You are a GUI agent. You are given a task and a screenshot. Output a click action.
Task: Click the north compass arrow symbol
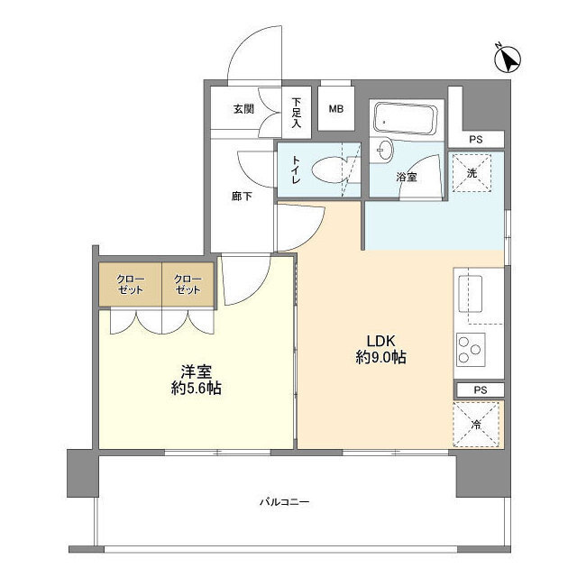[x=508, y=59]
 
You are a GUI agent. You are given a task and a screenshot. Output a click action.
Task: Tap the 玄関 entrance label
[x=243, y=109]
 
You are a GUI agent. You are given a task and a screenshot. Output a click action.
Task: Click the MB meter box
[x=335, y=109]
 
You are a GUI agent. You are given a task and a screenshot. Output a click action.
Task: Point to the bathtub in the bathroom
[x=406, y=117]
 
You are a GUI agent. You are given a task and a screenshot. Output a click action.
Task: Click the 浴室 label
[x=407, y=178]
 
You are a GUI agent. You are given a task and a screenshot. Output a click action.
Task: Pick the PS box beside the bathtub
[x=475, y=139]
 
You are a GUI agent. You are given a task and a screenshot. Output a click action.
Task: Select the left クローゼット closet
[x=129, y=285]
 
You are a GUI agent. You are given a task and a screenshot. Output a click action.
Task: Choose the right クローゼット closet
[x=188, y=285]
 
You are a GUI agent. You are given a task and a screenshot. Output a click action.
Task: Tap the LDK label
[x=379, y=340]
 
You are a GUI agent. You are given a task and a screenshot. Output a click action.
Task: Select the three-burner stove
[x=470, y=349]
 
